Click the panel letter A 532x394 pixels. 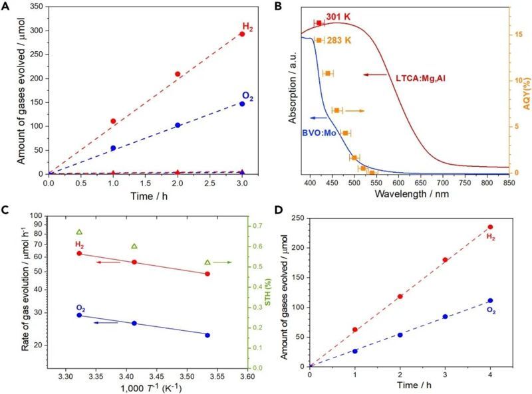click(x=6, y=7)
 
